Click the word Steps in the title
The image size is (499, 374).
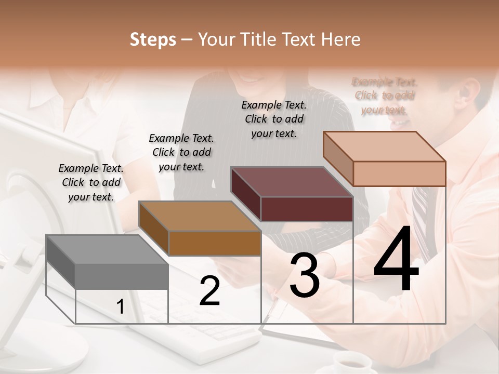153,39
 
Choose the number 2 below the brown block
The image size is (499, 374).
209,291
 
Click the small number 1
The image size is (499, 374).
120,307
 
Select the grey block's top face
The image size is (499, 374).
107,249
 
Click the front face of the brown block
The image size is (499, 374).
215,243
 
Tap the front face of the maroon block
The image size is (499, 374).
307,209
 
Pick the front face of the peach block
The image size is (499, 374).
399,173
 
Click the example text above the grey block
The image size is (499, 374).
91,182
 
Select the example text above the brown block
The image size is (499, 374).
181,152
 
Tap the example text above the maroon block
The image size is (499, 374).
274,119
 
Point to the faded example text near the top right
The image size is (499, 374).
385,96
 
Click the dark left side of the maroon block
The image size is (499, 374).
245,194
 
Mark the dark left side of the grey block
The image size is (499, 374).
60,262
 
